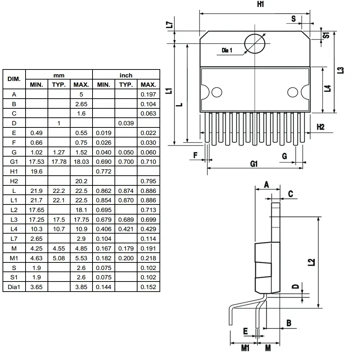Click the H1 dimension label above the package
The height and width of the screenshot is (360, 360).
tap(261, 5)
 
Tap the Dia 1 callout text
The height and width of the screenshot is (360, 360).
tap(227, 51)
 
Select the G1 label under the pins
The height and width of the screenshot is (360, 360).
tap(254, 164)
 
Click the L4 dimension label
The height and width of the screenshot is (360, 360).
tap(328, 89)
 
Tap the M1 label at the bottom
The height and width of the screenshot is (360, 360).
tap(245, 348)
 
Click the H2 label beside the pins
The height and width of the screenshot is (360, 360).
tap(320, 127)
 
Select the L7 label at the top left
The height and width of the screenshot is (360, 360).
tap(170, 25)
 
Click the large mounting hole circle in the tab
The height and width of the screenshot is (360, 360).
tap(255, 44)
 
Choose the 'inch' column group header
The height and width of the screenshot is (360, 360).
tap(126, 75)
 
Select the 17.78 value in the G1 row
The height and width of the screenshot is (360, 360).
tap(59, 162)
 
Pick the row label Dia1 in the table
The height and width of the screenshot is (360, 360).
tap(14, 287)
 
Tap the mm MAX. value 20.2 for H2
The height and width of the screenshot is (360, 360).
tap(81, 181)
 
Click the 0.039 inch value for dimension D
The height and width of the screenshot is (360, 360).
tap(126, 123)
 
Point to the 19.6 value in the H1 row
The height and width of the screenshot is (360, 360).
tap(37, 172)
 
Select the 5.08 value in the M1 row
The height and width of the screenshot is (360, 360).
tap(59, 258)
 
